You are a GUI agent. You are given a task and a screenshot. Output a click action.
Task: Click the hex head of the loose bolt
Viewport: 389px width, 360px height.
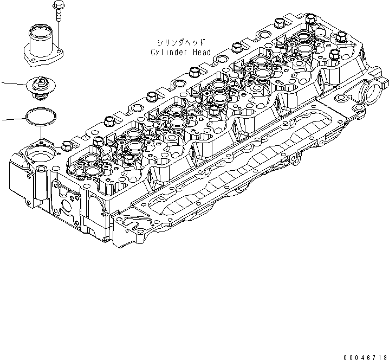click(x=57, y=6)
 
